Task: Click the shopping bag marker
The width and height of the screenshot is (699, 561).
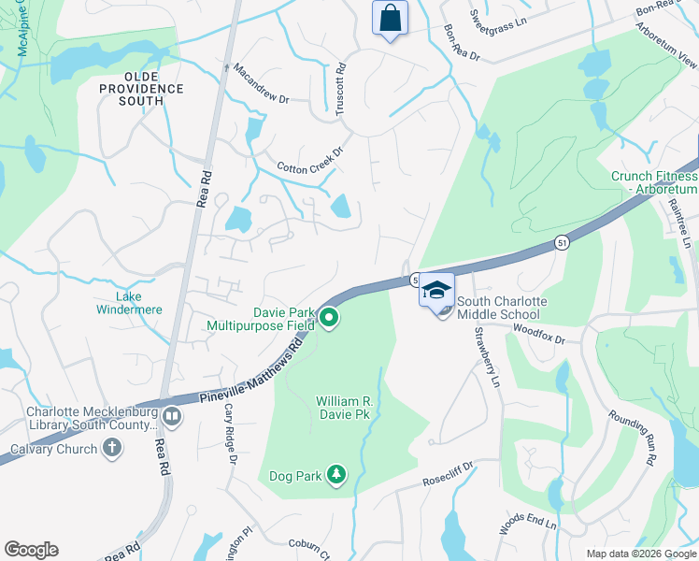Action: click(x=390, y=18)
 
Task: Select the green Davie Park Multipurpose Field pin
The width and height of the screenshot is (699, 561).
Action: click(x=329, y=320)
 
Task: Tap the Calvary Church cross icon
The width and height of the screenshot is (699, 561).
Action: click(x=111, y=449)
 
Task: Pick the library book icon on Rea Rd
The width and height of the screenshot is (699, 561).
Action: click(x=171, y=415)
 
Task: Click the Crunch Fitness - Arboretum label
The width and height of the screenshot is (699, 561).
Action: click(x=654, y=182)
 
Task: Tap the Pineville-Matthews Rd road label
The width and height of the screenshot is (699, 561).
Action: click(x=250, y=373)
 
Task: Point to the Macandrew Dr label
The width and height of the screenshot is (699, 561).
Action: click(x=262, y=84)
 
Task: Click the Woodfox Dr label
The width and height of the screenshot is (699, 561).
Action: click(x=539, y=336)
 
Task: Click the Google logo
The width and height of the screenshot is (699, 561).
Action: click(x=31, y=550)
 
